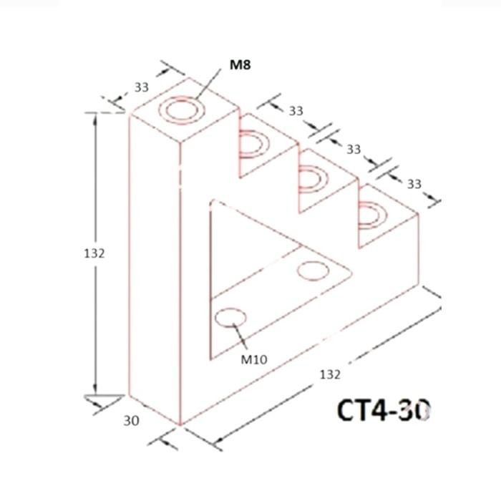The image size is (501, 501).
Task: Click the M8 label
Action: coord(240,65)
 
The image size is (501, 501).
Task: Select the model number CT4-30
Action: coord(385,412)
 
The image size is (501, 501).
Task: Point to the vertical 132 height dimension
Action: coord(94,253)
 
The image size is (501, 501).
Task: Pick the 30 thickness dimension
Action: coord(131,421)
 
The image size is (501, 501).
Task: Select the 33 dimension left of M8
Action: coord(142,87)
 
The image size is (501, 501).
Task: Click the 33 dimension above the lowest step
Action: coord(414,184)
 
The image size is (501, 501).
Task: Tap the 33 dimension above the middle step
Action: coord(354,149)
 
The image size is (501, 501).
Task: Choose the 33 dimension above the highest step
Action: coord(296,111)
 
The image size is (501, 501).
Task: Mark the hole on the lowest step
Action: coord(372,214)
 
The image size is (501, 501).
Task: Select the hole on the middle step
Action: coord(312,176)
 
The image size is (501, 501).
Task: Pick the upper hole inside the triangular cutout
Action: coord(312,271)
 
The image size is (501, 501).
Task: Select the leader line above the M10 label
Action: coord(240,336)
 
